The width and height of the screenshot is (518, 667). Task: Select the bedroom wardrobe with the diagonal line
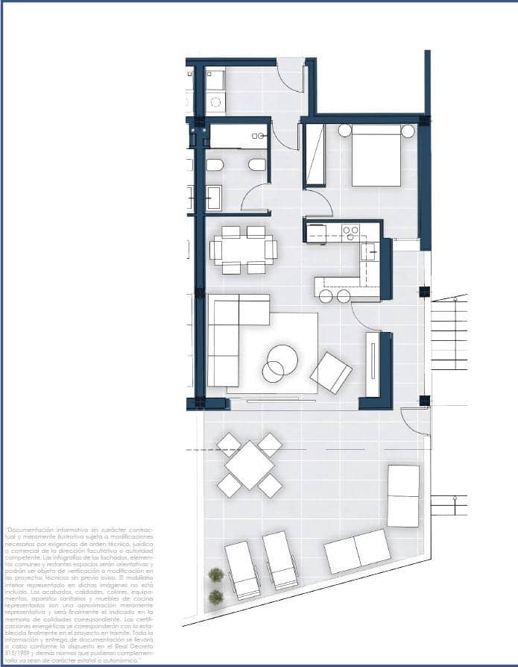click(315, 154)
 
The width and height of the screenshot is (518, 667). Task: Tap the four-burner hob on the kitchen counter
click(350, 233)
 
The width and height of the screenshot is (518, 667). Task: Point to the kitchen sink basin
click(368, 251)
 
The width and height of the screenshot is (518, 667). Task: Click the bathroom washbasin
click(213, 198)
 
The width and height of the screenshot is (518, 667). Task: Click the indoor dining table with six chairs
click(243, 249)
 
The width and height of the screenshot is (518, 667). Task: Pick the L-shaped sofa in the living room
click(231, 336)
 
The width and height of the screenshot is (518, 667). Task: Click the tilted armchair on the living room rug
click(331, 372)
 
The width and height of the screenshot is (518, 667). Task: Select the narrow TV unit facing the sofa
click(373, 364)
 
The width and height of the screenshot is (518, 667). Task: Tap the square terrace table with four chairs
click(250, 465)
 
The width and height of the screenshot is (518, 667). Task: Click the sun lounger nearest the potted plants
click(241, 569)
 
